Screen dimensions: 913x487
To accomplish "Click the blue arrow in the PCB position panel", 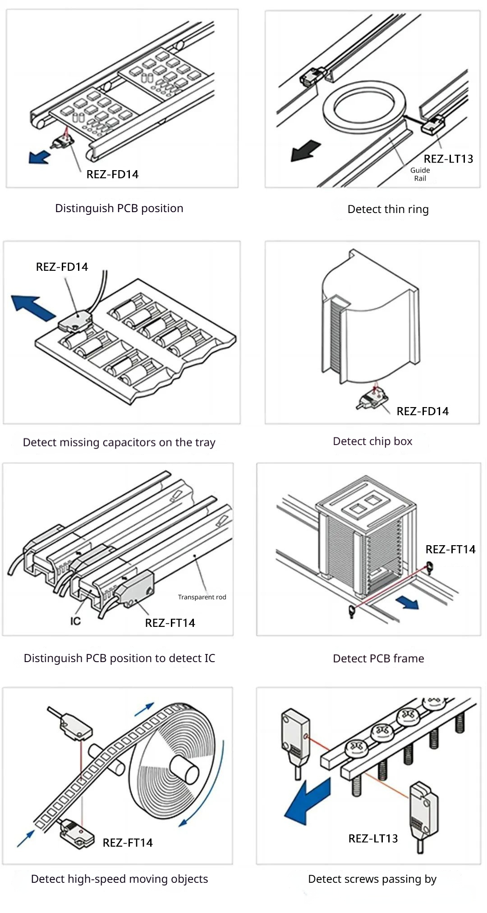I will pyautogui.click(x=39, y=157).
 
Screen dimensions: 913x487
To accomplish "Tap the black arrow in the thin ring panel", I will pyautogui.click(x=305, y=151).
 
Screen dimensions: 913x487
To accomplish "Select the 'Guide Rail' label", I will pyautogui.click(x=420, y=174).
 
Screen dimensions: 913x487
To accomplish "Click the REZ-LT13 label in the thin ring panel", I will pyautogui.click(x=448, y=159).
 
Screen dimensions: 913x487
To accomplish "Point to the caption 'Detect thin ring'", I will pyautogui.click(x=388, y=209).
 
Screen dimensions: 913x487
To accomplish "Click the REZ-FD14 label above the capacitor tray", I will pyautogui.click(x=62, y=267).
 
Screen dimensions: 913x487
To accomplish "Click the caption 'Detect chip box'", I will pyautogui.click(x=372, y=441).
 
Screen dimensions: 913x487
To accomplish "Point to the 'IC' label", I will pyautogui.click(x=75, y=621).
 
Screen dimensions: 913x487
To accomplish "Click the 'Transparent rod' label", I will pyautogui.click(x=202, y=597).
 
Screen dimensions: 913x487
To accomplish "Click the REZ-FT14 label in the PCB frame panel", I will pyautogui.click(x=450, y=549).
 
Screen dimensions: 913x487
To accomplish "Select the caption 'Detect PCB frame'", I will pyautogui.click(x=378, y=658).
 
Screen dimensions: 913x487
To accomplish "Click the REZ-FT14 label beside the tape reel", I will pyautogui.click(x=128, y=843).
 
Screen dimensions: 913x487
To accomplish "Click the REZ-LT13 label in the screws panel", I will pyautogui.click(x=373, y=839).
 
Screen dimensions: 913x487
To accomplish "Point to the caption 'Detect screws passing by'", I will pyautogui.click(x=372, y=879).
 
